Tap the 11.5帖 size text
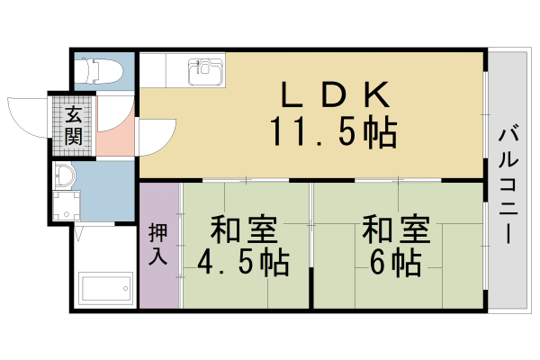tap(333, 132)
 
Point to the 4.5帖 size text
tap(243, 264)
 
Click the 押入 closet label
tap(157, 243)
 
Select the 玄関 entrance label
tap(73, 126)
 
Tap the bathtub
tap(106, 290)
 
